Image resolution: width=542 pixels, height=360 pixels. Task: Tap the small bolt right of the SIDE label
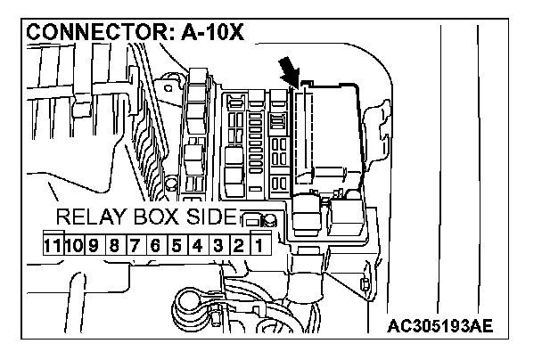(x=253, y=217)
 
